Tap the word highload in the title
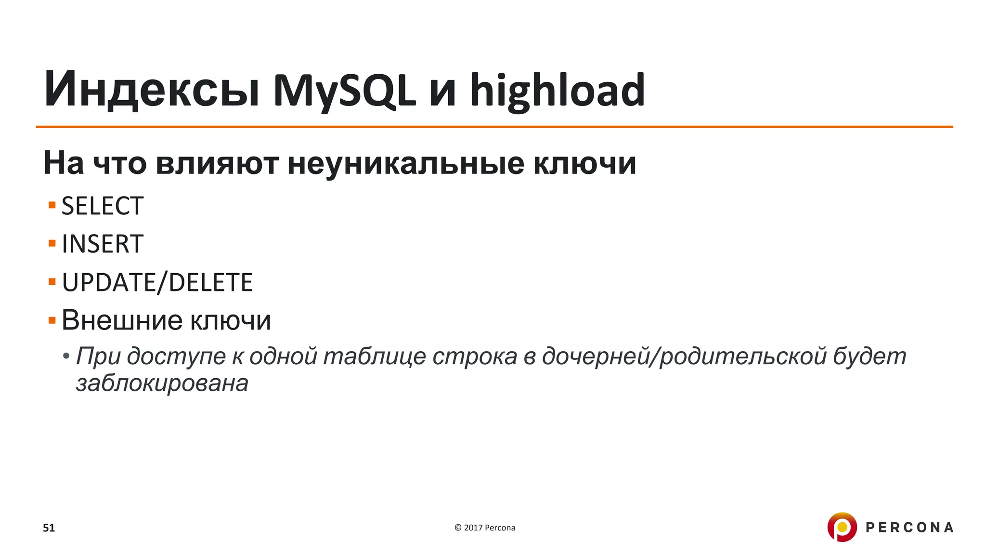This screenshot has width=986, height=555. click(557, 90)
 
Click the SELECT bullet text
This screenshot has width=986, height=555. click(103, 206)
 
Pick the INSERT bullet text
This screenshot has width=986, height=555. click(103, 244)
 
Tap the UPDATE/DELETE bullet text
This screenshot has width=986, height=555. click(157, 282)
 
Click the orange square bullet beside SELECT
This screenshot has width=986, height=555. click(52, 206)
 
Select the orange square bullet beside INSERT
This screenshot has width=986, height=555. click(52, 243)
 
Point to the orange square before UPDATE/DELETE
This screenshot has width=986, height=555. click(52, 281)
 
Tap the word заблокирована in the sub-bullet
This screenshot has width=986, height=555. click(162, 383)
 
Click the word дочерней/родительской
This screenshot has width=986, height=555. click(684, 357)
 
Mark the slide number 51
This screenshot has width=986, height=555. click(49, 528)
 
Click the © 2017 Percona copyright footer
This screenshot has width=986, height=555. click(485, 528)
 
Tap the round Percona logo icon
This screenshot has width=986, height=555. click(842, 527)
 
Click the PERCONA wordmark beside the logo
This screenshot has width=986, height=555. click(909, 528)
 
